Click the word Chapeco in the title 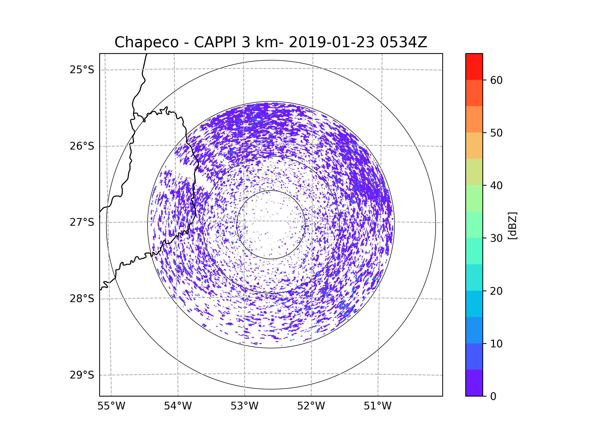click(x=146, y=42)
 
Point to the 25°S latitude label click(x=82, y=70)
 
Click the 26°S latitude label click(x=82, y=146)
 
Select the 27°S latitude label click(x=82, y=222)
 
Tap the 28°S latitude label click(x=82, y=299)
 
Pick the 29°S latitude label click(x=82, y=375)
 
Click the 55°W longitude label click(x=111, y=406)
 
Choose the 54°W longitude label click(x=178, y=406)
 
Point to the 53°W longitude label click(x=244, y=406)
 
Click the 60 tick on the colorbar click(x=496, y=80)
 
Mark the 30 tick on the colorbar click(x=496, y=238)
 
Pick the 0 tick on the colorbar click(x=493, y=397)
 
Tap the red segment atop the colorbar click(x=474, y=67)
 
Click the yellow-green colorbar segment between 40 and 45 click(x=474, y=172)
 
